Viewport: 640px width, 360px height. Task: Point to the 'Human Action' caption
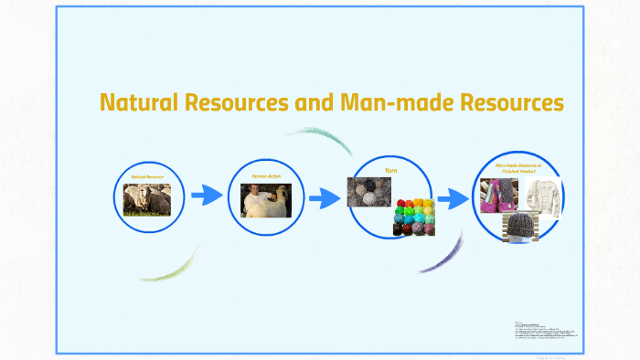coord(265,175)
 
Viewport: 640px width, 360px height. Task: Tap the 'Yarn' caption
coord(390,171)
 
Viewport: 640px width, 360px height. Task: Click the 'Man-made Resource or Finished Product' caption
coord(518,168)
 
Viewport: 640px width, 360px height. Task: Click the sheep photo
coord(147,199)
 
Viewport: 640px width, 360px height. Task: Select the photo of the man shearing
coord(265,200)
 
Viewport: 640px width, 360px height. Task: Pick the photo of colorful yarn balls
coord(413,216)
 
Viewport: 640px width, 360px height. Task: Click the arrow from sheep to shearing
coord(207,195)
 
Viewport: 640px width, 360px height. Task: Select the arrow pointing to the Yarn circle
coord(325,198)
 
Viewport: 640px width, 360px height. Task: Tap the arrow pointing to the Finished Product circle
coord(453,198)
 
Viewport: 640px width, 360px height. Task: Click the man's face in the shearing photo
coord(253,191)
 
